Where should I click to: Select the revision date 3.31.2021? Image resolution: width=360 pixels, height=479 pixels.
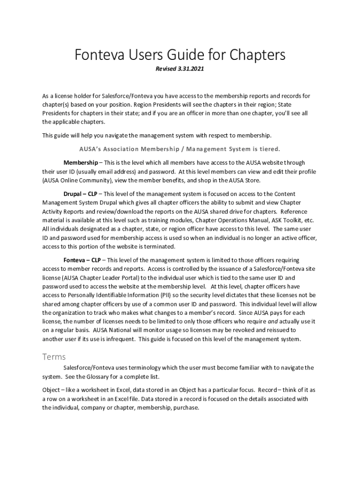[x=190, y=69]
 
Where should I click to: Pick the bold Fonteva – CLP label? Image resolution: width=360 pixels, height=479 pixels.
[x=82, y=260]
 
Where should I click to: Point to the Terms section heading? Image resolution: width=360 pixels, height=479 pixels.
[x=54, y=357]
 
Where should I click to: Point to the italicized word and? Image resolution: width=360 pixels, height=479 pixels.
[x=273, y=322]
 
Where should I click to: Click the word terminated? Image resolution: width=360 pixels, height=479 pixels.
[x=158, y=247]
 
